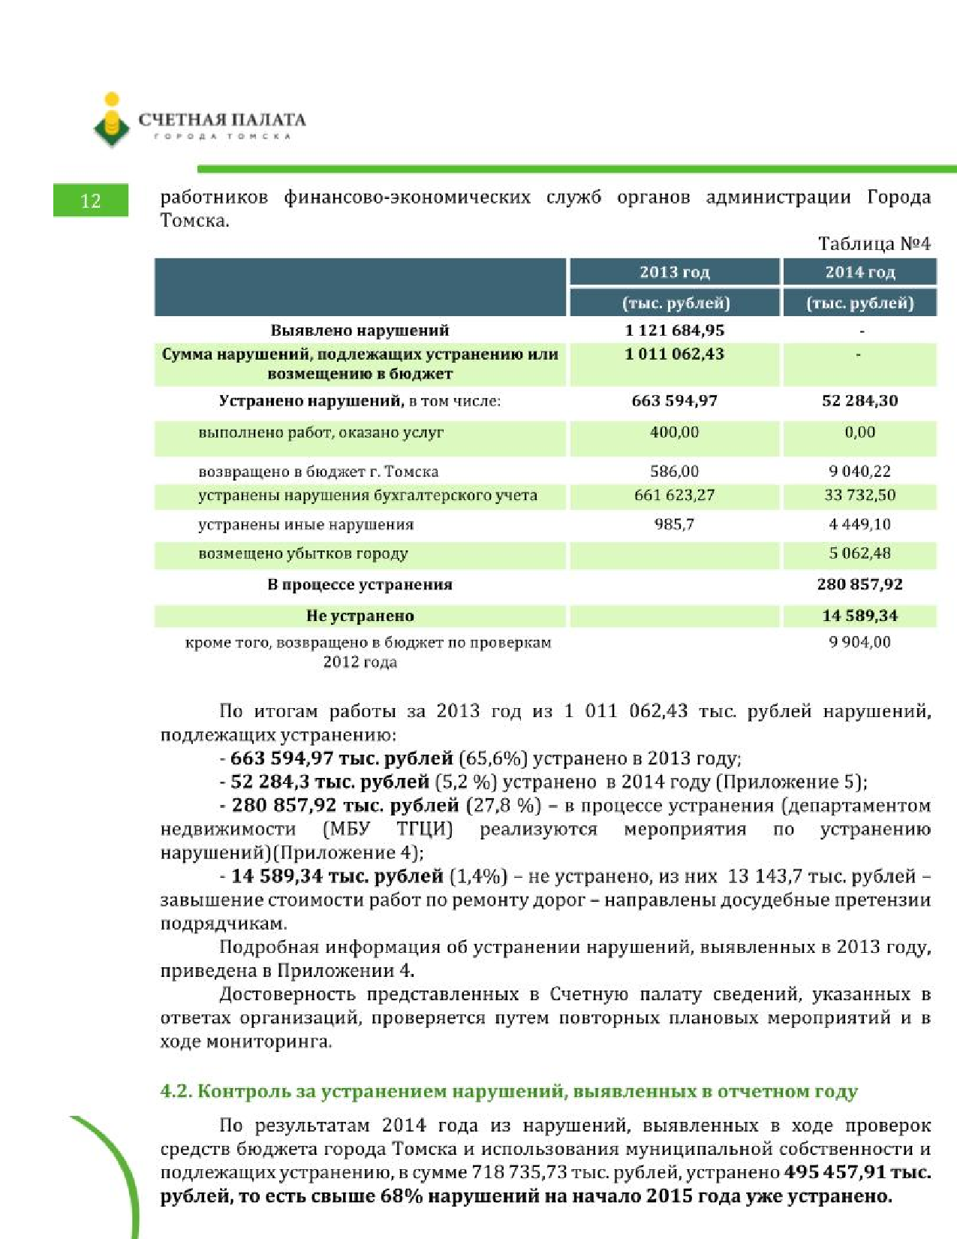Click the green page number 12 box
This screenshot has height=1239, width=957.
coord(90,200)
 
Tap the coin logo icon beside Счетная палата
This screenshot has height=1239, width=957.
coord(112,120)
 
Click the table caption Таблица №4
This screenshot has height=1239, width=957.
coord(874,244)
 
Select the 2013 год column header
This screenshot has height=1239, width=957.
coord(674,272)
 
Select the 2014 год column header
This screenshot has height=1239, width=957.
coord(859,272)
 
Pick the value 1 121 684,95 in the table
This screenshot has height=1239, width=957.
coord(674,330)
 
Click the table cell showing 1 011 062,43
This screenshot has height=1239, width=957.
coord(674,354)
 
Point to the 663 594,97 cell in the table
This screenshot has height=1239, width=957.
coord(674,401)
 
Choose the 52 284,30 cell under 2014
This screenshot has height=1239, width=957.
coord(859,401)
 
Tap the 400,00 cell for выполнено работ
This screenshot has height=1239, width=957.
coord(674,433)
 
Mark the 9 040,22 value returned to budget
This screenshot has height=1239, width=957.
coord(859,472)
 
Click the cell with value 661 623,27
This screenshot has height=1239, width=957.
coord(674,496)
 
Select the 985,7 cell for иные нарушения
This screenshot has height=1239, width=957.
coord(674,524)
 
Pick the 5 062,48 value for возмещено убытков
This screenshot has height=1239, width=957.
coord(859,553)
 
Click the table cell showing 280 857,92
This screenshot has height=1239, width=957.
coord(859,584)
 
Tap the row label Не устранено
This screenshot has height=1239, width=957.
coord(360,616)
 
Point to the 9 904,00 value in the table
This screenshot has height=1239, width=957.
coord(859,642)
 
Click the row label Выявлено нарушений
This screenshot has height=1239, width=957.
coord(360,330)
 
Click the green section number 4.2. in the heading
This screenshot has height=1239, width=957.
coord(176,1091)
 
